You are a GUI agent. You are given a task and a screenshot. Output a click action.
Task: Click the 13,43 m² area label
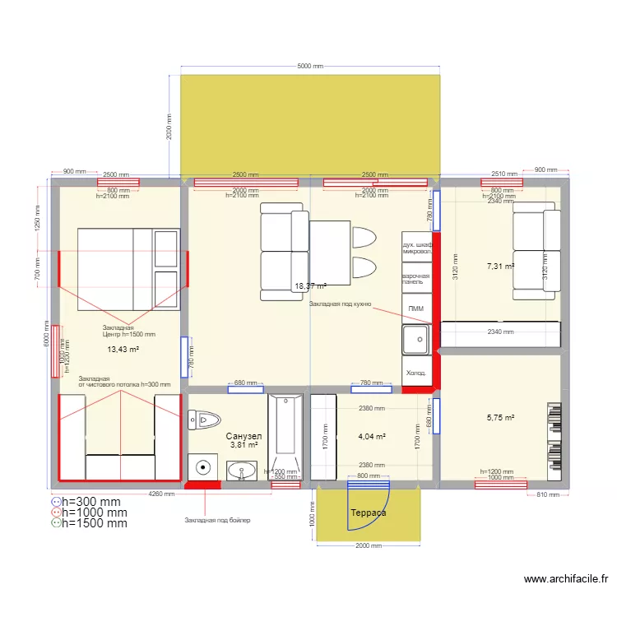(x=123, y=350)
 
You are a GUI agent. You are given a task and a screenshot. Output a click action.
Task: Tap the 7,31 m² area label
(x=500, y=267)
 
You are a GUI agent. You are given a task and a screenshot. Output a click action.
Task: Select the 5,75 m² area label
(x=500, y=418)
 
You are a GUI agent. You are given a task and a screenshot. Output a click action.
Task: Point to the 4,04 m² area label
(x=373, y=437)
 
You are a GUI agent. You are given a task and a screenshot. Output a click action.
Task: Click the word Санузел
(x=244, y=436)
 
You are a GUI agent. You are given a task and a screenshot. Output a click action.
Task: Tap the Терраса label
(x=368, y=513)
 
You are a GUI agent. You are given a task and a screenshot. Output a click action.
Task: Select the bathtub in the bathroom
(x=285, y=437)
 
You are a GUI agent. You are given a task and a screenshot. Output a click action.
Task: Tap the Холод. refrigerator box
(x=415, y=373)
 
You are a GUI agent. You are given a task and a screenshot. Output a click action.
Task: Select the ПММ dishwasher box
(x=415, y=308)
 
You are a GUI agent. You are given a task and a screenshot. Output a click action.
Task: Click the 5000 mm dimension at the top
(x=310, y=67)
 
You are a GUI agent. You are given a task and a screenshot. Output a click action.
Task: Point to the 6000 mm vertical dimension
(x=46, y=332)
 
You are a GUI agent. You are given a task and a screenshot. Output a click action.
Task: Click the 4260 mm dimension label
(x=161, y=494)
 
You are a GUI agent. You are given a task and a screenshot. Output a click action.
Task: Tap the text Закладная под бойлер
(x=217, y=521)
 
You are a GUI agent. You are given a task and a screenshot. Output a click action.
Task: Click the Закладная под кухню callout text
(x=340, y=304)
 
